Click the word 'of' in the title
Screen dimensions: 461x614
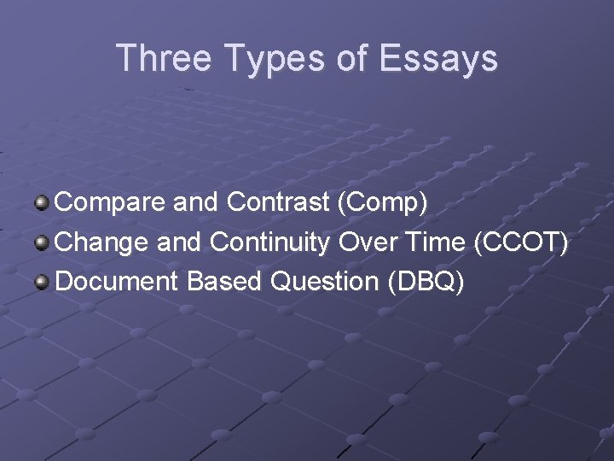[350, 58]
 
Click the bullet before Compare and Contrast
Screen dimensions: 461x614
[42, 203]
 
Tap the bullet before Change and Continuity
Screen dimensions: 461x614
[42, 242]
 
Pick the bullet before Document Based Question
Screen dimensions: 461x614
[42, 282]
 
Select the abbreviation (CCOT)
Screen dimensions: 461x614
[519, 243]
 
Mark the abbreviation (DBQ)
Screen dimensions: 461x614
[426, 283]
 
